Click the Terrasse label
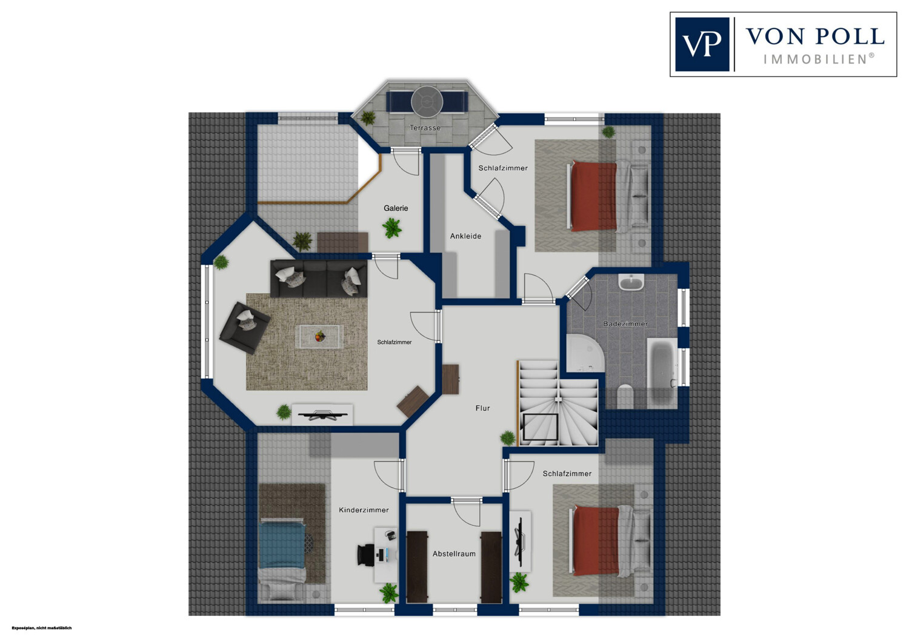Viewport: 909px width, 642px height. tap(425, 128)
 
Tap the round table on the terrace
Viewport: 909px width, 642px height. tap(427, 101)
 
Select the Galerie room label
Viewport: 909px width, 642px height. tap(396, 208)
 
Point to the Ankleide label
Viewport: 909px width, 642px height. tap(465, 236)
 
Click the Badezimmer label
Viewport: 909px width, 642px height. tap(625, 323)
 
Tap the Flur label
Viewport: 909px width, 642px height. tap(482, 408)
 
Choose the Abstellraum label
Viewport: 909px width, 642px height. tap(454, 554)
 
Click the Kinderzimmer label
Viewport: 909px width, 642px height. tap(364, 510)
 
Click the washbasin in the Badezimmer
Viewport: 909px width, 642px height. tap(631, 282)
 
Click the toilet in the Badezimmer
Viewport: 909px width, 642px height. tap(625, 396)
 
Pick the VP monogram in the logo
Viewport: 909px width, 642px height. tap(702, 44)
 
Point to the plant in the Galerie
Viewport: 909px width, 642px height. tap(392, 228)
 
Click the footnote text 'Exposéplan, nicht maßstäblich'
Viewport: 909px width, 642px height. tap(42, 628)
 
